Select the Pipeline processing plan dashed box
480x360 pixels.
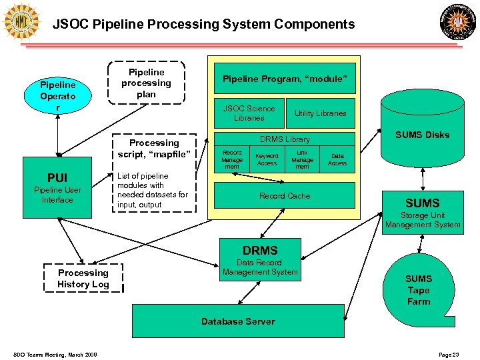coord(146,83)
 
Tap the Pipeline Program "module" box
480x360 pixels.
coord(285,79)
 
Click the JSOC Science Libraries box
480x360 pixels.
coord(249,113)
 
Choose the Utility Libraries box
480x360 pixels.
coord(321,113)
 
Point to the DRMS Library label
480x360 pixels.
coord(285,139)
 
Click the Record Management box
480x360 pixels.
coord(232,159)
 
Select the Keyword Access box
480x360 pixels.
coord(267,159)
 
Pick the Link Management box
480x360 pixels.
coord(302,159)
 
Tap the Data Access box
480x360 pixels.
coord(337,159)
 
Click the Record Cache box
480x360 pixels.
coord(285,195)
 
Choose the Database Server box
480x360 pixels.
coord(238,321)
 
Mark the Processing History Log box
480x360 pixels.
coord(83,279)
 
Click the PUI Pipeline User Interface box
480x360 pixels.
coord(57,188)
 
